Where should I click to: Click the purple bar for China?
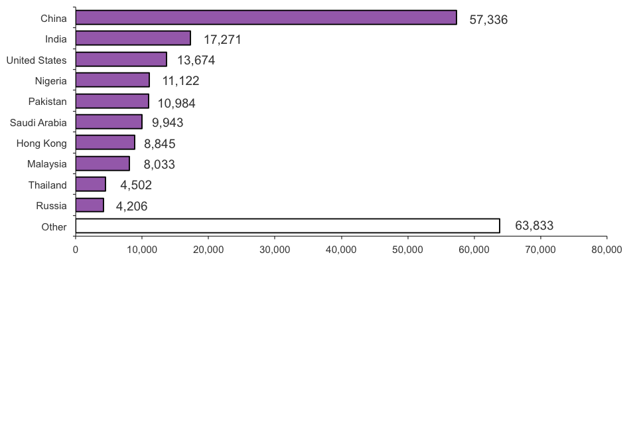tap(265, 18)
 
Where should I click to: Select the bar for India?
tap(133, 39)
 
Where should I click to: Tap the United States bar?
tap(121, 60)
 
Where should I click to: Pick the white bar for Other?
tap(287, 226)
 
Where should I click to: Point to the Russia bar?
tap(90, 205)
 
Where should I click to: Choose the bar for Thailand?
tap(90, 185)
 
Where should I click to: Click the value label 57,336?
tap(488, 20)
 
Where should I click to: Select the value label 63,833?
tap(534, 226)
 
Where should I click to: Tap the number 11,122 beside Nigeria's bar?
tap(180, 82)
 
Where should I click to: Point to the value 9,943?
tap(167, 123)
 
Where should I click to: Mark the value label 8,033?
tap(159, 165)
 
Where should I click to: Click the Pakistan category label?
tap(47, 102)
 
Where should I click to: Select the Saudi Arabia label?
tap(38, 123)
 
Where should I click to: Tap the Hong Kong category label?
tap(41, 143)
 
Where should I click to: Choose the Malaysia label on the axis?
tap(46, 164)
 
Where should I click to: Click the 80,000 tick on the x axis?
tap(606, 250)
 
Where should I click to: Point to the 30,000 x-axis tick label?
tap(275, 250)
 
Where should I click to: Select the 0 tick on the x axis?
tap(76, 250)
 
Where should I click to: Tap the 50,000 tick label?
tap(407, 250)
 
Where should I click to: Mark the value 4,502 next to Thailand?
tap(136, 185)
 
